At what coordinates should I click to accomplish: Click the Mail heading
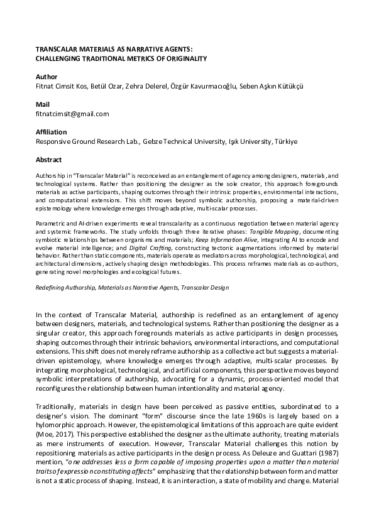point(42,104)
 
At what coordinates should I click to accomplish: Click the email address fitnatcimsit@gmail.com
point(72,114)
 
